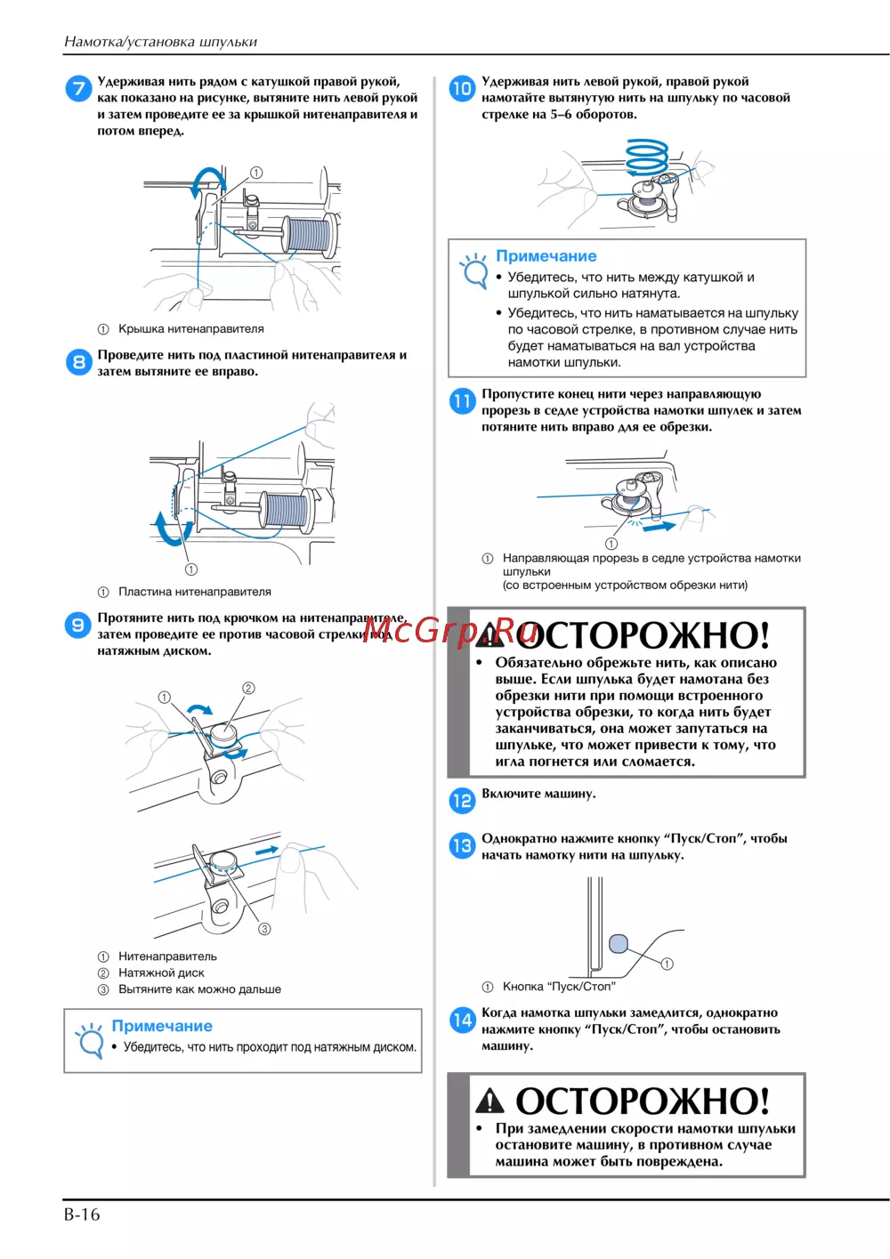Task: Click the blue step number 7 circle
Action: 78,89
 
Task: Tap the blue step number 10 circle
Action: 462,89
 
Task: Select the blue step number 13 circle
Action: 462,846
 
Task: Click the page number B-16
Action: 82,1215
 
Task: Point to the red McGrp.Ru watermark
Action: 449,630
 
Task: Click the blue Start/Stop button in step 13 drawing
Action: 618,943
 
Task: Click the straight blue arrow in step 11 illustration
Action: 659,527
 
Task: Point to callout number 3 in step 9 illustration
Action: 264,929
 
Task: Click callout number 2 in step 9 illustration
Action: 248,688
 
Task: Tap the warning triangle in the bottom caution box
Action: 489,1100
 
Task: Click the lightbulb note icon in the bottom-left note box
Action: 89,1040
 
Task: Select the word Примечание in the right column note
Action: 546,255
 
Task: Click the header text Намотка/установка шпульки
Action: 161,42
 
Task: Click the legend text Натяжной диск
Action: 161,972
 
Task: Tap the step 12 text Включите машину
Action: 538,794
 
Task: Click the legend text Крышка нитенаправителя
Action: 191,329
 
